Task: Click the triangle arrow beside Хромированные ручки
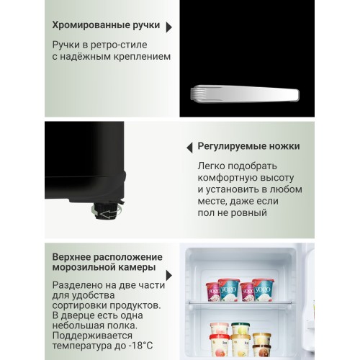click(x=168, y=28)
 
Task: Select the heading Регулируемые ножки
click(x=248, y=147)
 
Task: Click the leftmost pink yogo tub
click(x=214, y=292)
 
